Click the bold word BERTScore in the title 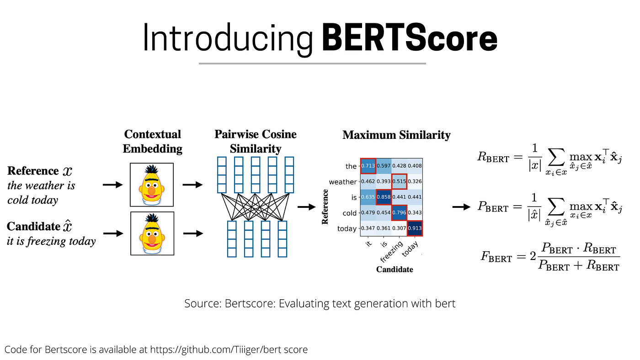point(410,39)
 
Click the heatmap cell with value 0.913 point(415,228)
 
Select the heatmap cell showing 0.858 point(384,197)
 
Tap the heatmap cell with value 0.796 point(399,212)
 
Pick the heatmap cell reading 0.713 point(368,166)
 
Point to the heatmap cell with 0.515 point(399,182)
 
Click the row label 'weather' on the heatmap point(342,182)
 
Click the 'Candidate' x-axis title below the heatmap point(394,270)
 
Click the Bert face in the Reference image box point(152,185)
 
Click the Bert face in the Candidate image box point(152,233)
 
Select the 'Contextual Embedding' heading point(152,141)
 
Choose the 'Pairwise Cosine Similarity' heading point(255,141)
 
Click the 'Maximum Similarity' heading point(396,135)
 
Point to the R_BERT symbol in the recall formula point(493,158)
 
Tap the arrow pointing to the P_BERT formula point(461,207)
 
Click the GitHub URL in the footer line point(229,350)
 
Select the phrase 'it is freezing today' point(51,241)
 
